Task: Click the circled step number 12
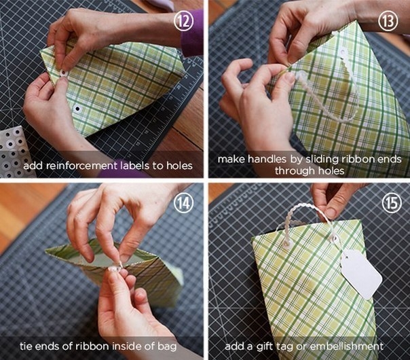(184, 22)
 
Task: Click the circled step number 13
(388, 22)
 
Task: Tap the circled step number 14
(184, 203)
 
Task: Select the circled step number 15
(392, 203)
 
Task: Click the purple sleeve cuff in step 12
(192, 34)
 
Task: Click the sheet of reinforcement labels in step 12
(13, 150)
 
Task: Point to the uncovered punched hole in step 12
(77, 108)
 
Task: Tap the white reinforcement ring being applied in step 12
(63, 73)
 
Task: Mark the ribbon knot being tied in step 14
(115, 268)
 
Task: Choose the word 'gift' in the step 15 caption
(265, 346)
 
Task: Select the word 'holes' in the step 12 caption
(179, 165)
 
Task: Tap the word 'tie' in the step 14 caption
(26, 346)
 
